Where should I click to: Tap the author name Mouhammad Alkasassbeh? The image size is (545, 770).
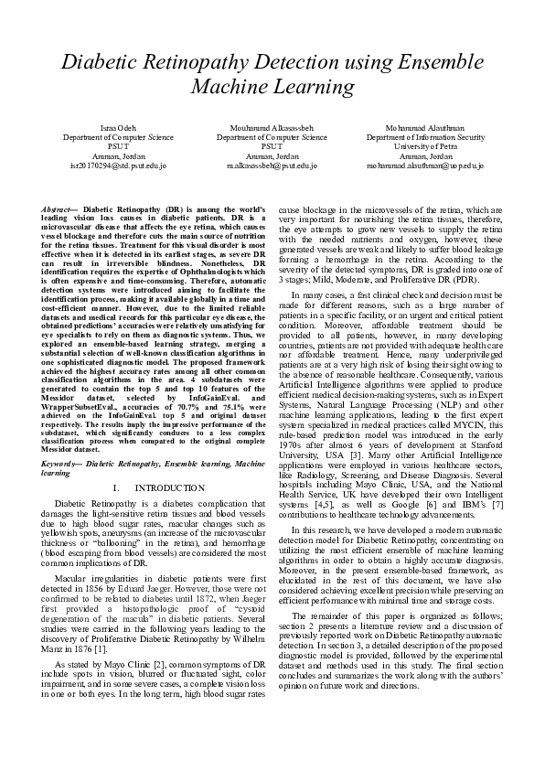click(x=272, y=127)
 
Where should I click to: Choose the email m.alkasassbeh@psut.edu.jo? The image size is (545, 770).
click(x=272, y=166)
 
